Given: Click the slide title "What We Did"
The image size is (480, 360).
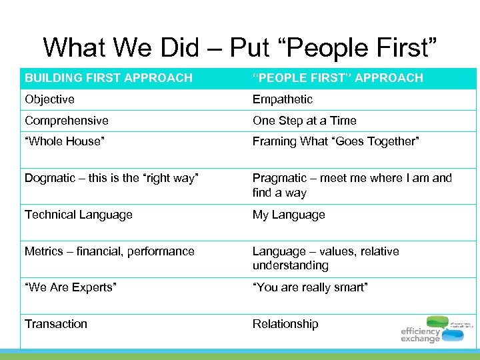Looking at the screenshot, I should (241, 47).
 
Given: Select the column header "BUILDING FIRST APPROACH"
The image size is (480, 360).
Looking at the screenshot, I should (109, 78).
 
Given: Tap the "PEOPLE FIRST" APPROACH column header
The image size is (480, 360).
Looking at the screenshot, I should (337, 78).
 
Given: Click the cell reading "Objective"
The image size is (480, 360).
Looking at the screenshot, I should (50, 99).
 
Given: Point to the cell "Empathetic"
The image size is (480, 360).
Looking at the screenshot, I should (282, 99).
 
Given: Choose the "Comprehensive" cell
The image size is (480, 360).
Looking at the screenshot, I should (67, 121).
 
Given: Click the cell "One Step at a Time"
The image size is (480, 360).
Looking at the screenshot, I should (304, 121).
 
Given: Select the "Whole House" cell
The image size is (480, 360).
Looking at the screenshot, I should (65, 141).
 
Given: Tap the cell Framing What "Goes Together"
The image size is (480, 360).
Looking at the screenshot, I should (335, 141).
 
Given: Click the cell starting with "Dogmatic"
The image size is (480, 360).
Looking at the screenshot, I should (111, 178).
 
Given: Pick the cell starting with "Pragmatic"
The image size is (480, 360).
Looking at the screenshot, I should (351, 185).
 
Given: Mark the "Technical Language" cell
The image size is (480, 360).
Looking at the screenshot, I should (79, 215).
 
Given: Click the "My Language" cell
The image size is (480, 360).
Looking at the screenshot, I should (289, 215).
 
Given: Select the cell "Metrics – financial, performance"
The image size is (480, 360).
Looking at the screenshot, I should (109, 251).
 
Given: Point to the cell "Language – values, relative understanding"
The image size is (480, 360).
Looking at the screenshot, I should (325, 258).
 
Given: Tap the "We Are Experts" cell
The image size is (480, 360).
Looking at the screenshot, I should (71, 287).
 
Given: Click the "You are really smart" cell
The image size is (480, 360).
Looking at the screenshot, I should (310, 287).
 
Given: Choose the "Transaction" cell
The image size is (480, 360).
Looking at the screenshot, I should (56, 324).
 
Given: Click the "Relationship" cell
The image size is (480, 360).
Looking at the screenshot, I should (285, 324).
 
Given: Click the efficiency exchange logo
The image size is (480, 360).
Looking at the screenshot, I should (434, 329).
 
